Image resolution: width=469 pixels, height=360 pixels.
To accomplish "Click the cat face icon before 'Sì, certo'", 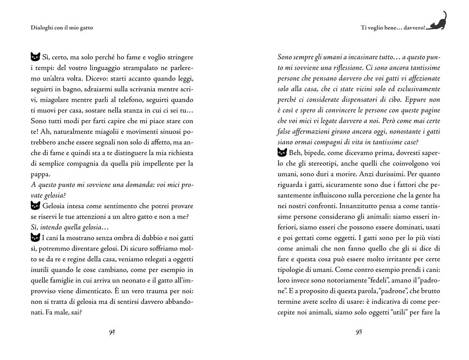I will [x=34, y=57].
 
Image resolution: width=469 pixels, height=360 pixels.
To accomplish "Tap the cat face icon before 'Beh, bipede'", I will [x=282, y=152].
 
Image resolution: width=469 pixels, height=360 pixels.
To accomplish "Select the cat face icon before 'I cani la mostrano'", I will [x=34, y=238].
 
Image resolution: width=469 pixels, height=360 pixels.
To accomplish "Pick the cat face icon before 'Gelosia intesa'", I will [x=34, y=205].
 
